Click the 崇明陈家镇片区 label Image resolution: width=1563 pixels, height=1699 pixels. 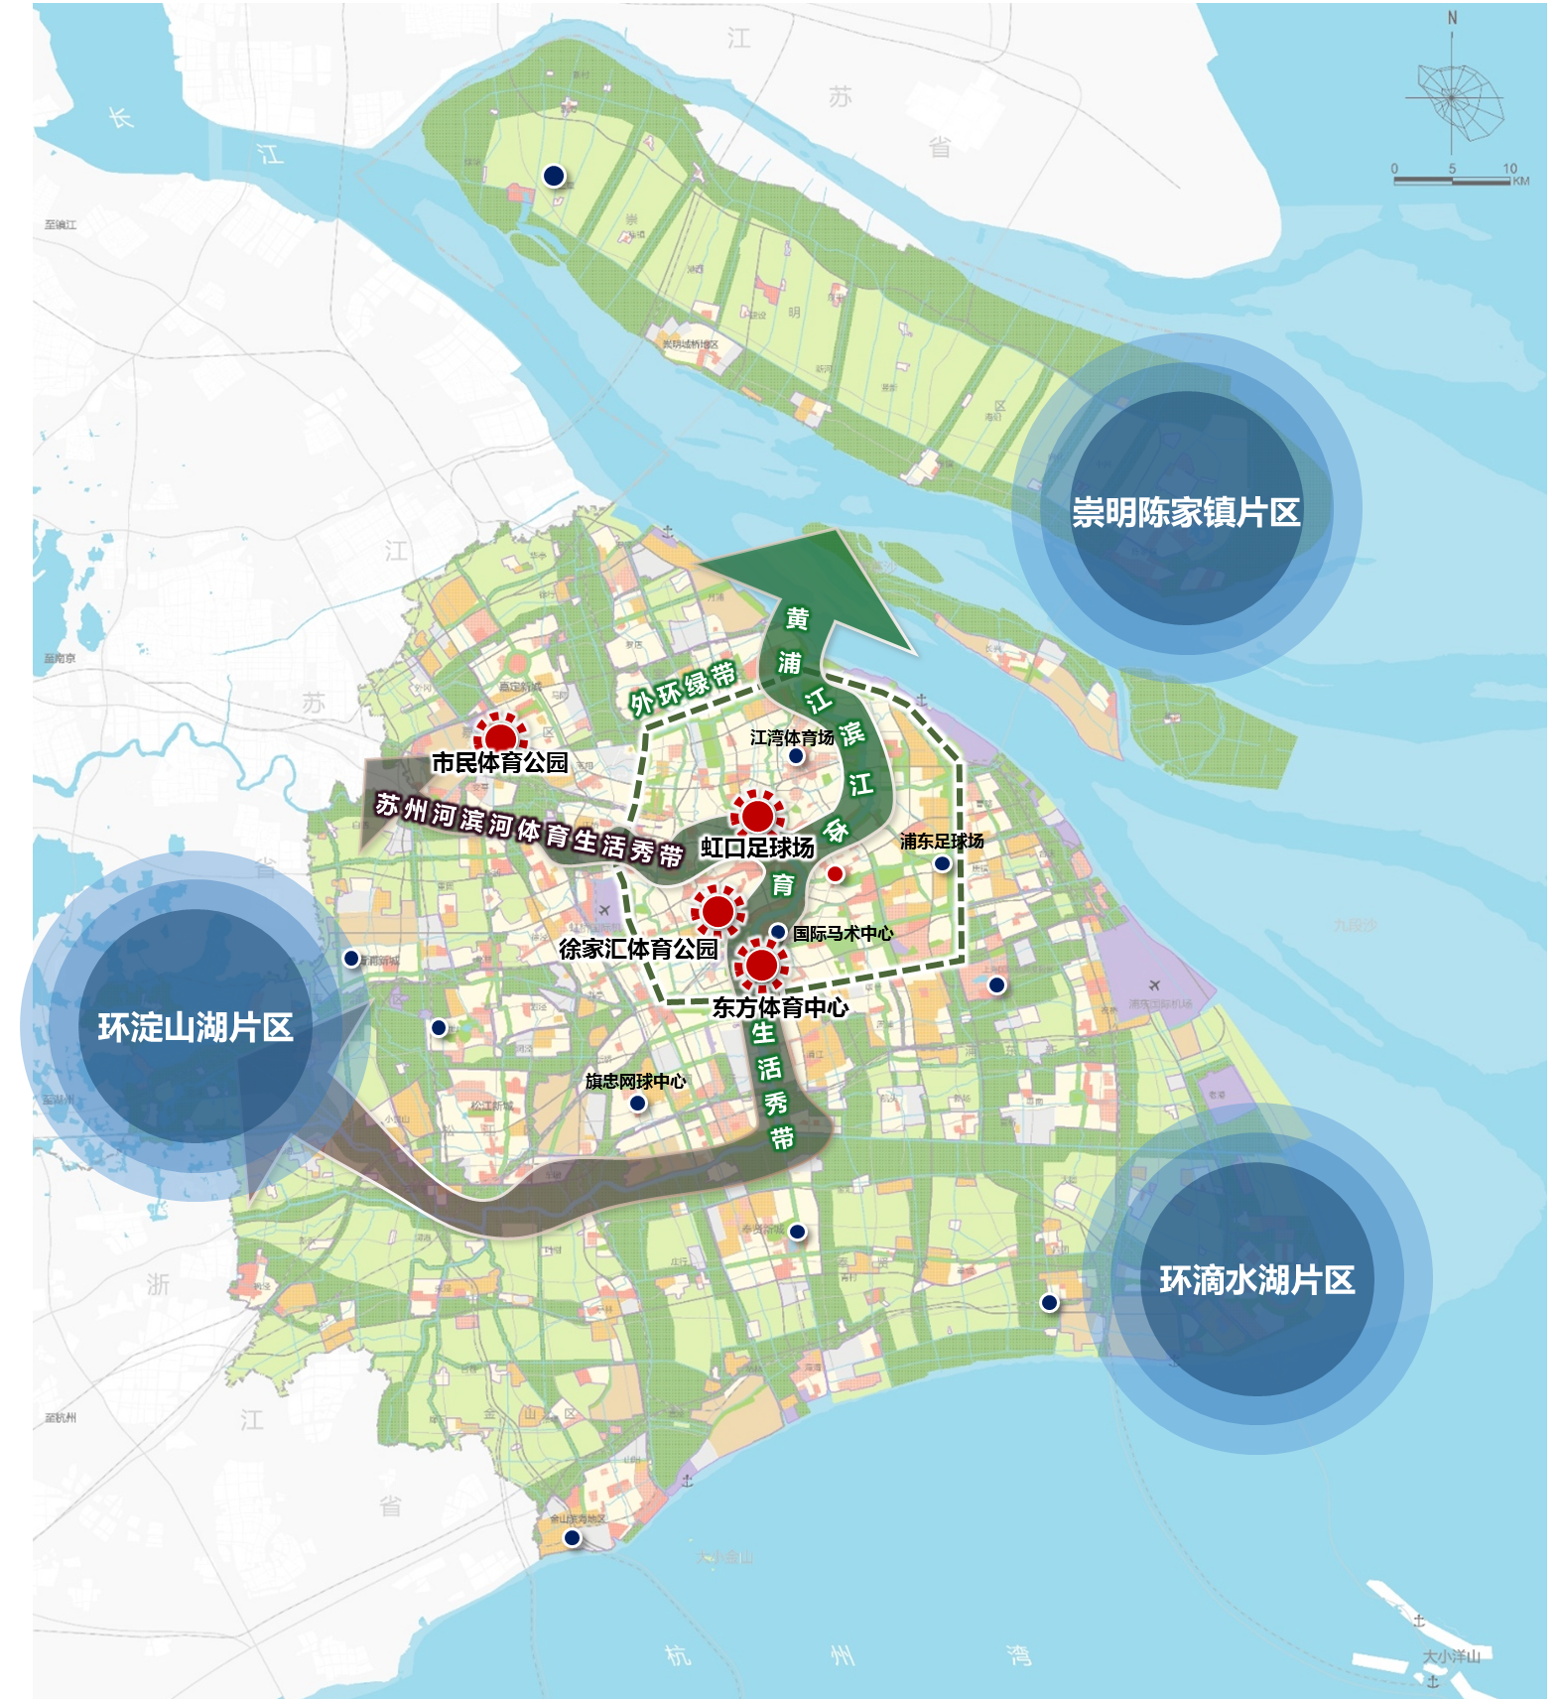coord(1185,512)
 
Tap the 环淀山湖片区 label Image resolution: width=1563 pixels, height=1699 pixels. coord(195,1027)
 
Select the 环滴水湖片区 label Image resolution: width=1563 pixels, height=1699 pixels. coord(1256,1280)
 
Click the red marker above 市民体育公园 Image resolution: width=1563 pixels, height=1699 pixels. coord(500,735)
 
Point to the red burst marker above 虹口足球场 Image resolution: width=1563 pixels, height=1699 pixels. coord(757,816)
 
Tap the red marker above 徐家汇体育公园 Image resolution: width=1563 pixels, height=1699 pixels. coord(717,911)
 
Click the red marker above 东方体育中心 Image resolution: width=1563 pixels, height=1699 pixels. coord(761,965)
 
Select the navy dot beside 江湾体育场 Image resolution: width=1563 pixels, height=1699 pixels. coord(796,756)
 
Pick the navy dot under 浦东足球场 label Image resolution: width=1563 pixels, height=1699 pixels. coord(942,863)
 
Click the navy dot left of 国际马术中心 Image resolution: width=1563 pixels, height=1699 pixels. coord(778,932)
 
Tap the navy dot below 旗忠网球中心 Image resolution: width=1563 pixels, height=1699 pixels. coord(638,1103)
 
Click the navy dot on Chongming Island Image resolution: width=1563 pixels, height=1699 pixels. coord(554,176)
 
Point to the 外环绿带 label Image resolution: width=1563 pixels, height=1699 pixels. coord(683,687)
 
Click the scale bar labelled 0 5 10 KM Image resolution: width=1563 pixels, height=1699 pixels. coord(1452,180)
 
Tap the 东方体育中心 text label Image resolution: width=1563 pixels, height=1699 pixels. coord(780,1007)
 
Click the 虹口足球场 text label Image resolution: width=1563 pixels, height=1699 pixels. coord(757,848)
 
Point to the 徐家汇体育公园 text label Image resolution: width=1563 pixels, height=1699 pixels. coord(638,949)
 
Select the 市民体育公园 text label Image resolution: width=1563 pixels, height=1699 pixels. coord(500,762)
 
